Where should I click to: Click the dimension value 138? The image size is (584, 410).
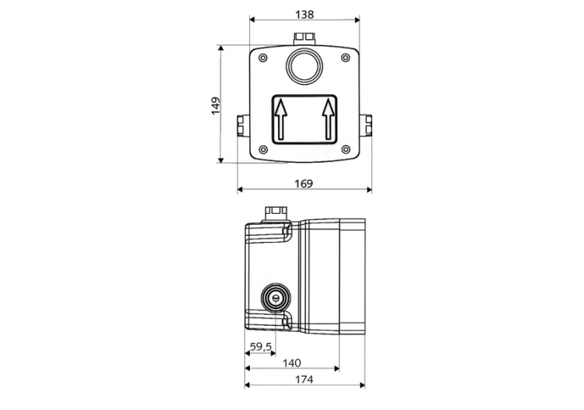click(304, 13)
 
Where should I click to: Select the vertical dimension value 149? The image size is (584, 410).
click(215, 105)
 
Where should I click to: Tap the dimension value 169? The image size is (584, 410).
click(304, 184)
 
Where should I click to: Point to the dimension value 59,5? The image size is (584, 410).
click(260, 347)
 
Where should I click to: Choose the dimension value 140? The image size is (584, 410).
click(292, 363)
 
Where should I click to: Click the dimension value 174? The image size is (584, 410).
click(304, 380)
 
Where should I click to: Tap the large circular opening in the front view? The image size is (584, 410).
click(304, 65)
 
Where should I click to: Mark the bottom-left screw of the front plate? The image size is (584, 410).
click(262, 149)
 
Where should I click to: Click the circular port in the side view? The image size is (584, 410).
click(274, 296)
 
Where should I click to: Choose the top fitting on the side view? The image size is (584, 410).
click(276, 212)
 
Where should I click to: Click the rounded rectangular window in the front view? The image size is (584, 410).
click(304, 118)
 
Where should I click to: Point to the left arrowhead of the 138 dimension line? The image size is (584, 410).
click(252, 23)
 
